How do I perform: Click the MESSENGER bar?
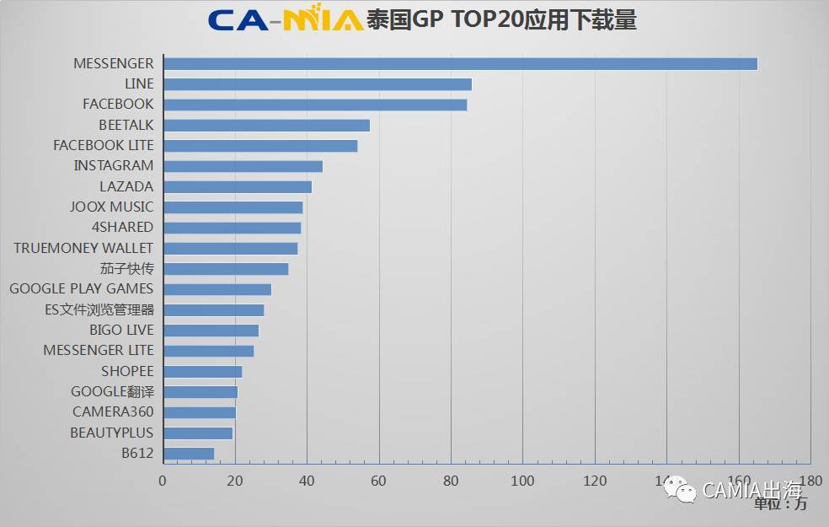click(460, 64)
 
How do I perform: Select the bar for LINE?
click(317, 84)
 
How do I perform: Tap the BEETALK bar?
click(266, 126)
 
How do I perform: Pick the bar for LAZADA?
click(237, 186)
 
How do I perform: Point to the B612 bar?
click(189, 454)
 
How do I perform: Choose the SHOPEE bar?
click(202, 372)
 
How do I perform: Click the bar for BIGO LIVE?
click(211, 331)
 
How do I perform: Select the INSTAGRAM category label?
click(114, 166)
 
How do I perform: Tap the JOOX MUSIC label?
click(112, 207)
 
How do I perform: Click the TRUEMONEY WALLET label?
click(83, 248)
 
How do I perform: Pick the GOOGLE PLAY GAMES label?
click(82, 289)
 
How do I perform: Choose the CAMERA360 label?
click(113, 412)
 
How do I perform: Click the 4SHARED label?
click(122, 228)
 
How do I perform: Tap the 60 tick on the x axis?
click(379, 481)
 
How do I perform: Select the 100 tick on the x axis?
click(522, 481)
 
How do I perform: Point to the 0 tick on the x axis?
click(163, 481)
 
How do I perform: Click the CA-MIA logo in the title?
click(286, 19)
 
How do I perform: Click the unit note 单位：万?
click(780, 504)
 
